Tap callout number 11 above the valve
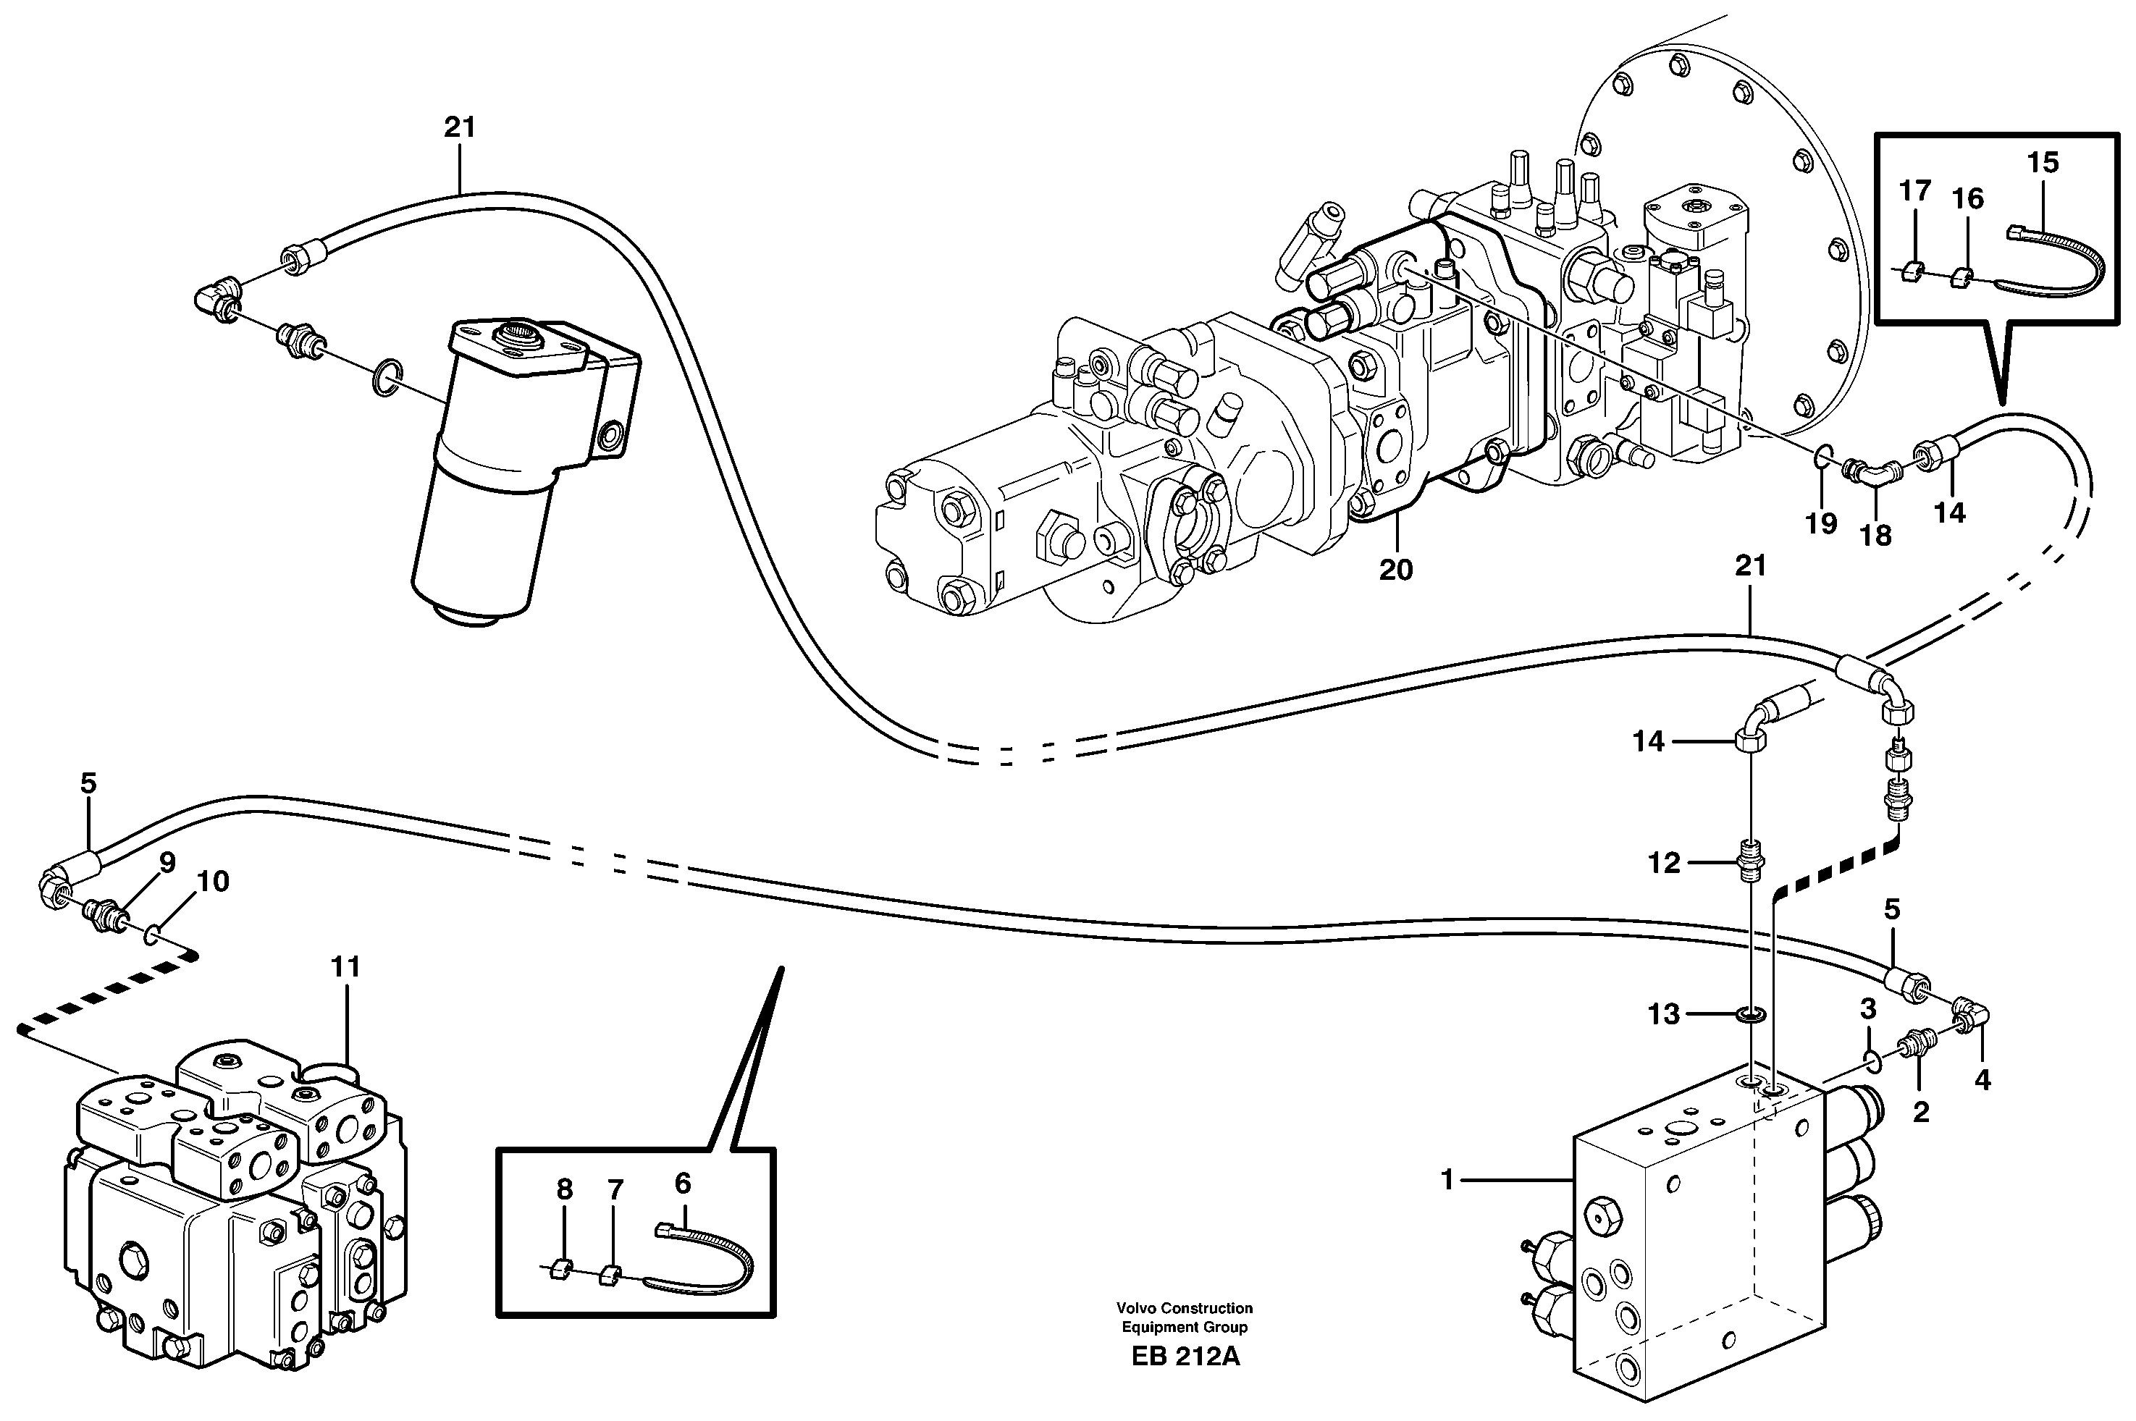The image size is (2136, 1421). (345, 967)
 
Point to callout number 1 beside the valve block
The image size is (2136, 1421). (1447, 1180)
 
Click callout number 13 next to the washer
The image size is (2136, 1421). (1663, 1014)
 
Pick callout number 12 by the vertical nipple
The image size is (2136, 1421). (1664, 863)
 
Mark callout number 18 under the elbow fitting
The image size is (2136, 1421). (1876, 536)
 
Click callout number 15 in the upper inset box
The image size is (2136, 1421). (2043, 162)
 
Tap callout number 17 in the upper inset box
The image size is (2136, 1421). (1915, 190)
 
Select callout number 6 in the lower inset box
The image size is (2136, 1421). (682, 1183)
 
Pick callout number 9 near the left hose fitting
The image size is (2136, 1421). (167, 862)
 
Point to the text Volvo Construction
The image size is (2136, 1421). (1185, 1308)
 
